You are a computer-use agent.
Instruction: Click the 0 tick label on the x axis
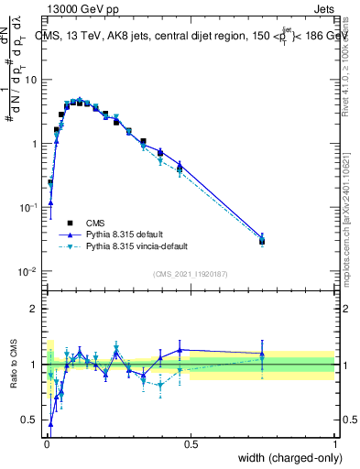46,444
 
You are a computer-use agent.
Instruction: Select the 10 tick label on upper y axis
31,80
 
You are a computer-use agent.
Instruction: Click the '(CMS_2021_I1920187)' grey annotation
190,274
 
